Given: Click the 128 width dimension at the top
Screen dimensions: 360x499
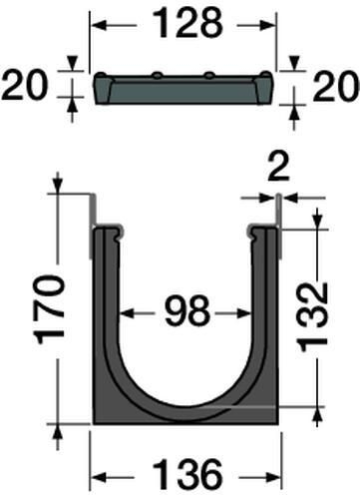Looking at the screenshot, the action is [188, 24].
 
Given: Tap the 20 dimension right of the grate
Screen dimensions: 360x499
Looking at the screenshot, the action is [336, 87].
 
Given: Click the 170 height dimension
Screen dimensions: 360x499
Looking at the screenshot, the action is [51, 309].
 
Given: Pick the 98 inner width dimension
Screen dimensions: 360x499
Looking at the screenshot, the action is [187, 312].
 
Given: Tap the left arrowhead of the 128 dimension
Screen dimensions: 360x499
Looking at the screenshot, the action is [99, 25].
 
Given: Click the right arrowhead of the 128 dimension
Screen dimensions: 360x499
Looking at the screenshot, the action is [268, 25].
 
